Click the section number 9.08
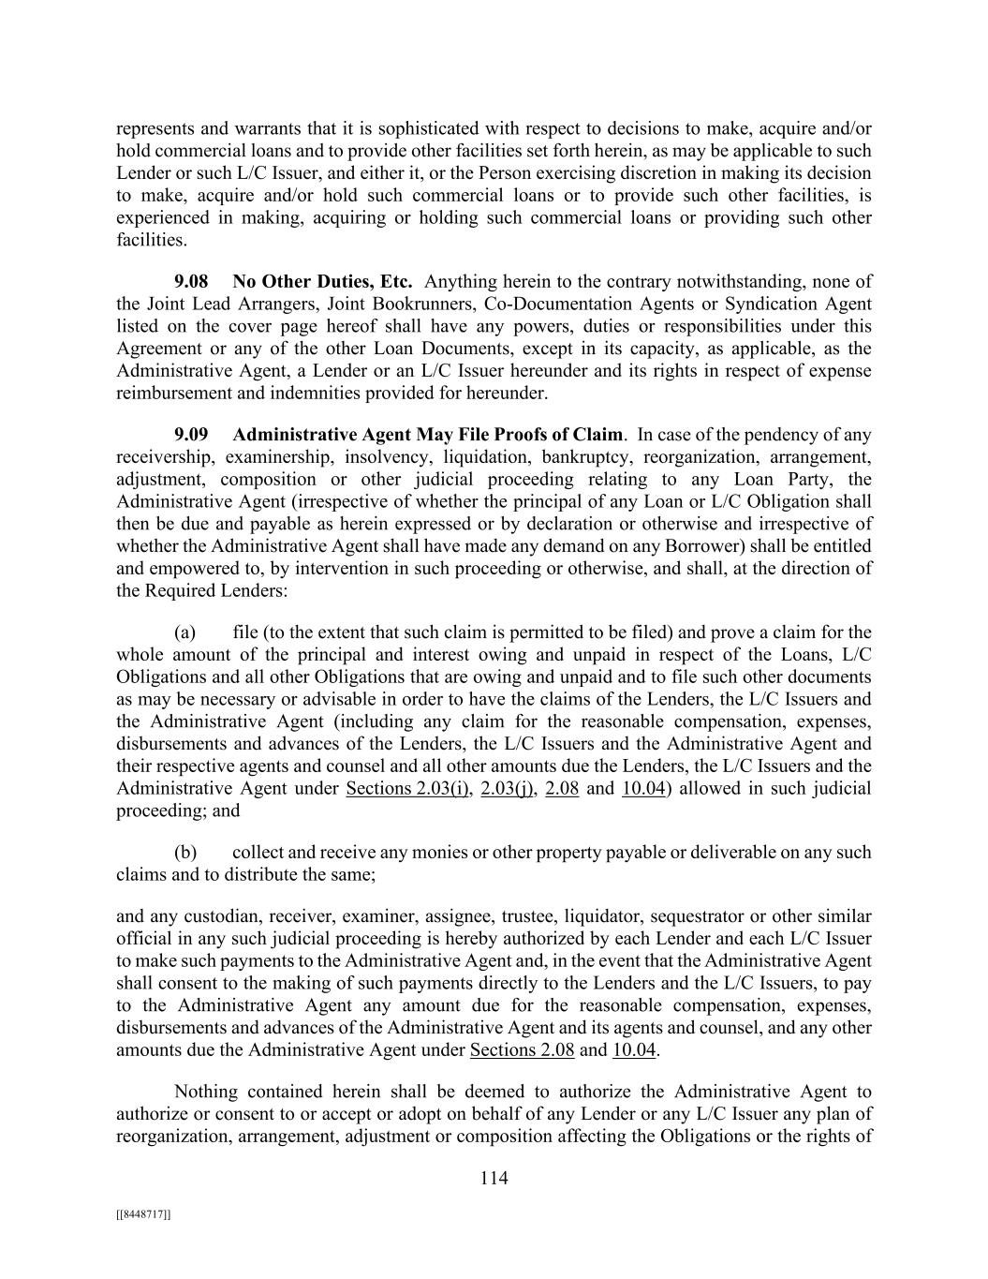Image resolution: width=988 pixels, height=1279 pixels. coord(191,281)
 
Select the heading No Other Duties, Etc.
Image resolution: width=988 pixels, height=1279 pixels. coord(322,281)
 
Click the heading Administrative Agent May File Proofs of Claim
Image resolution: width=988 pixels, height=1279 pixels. coord(427,435)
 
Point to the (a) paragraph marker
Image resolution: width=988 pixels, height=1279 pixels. coord(184,632)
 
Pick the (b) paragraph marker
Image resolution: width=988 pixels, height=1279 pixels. coord(184,853)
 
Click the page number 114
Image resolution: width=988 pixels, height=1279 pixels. coord(494,1179)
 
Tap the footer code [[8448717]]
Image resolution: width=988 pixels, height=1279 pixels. coord(143,1214)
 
